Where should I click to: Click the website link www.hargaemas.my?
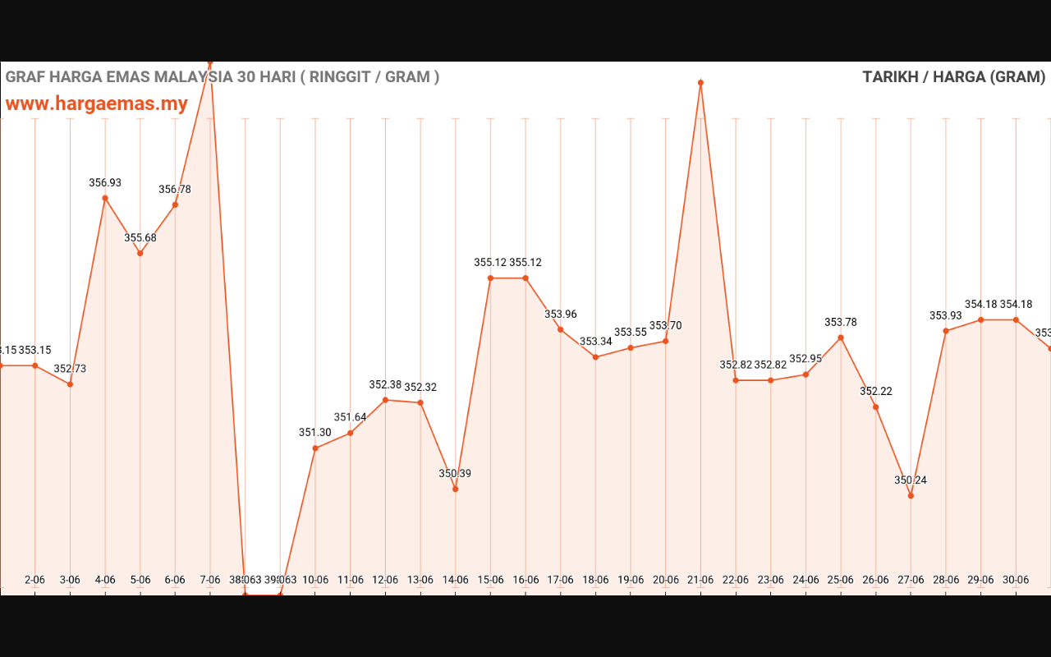[97, 104]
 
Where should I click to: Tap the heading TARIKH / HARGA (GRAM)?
[953, 77]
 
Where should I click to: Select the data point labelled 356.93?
[105, 198]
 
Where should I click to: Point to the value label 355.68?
[140, 238]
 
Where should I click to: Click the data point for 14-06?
[456, 489]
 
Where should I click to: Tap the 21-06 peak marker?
[700, 83]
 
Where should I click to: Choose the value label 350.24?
[911, 480]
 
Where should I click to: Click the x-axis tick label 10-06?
[315, 580]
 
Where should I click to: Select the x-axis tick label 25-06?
[841, 580]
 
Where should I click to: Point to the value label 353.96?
[561, 314]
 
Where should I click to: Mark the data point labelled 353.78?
[841, 338]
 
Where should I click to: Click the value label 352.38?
[385, 384]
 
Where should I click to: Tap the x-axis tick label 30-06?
[1016, 580]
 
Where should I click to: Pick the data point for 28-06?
[946, 331]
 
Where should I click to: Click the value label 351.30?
[315, 433]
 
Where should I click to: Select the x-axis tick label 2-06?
[35, 580]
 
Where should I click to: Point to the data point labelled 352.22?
[876, 407]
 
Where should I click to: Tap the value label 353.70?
[666, 326]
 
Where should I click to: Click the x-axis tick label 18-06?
[595, 580]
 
